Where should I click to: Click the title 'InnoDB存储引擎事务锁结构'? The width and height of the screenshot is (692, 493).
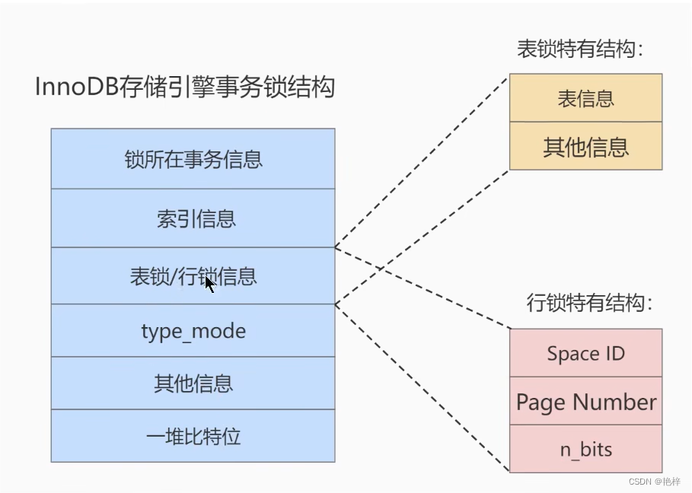pos(185,87)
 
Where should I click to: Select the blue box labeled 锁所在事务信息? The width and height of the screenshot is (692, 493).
pos(193,159)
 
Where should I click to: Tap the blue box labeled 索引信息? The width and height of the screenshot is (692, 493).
pos(193,218)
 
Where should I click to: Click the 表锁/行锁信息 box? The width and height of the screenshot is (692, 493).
pos(193,276)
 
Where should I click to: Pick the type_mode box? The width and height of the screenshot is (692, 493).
pos(193,331)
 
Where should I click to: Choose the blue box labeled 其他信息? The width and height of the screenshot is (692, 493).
pos(193,383)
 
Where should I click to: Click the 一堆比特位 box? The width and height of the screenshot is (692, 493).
pos(193,436)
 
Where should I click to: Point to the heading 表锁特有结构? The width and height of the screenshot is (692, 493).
pos(580,50)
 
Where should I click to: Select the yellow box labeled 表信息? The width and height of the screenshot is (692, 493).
pos(585,98)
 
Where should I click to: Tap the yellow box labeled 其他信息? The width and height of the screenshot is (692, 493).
pos(585,146)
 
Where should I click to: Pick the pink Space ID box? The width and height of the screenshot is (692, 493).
pos(585,353)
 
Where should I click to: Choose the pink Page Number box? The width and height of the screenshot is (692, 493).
pos(585,402)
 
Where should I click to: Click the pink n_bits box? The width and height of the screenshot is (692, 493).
pos(585,449)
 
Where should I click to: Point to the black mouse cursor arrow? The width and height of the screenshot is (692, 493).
pos(209,283)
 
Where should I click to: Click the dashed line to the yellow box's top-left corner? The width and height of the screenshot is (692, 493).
pos(423,160)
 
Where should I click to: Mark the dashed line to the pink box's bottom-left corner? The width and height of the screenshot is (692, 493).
pos(423,388)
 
